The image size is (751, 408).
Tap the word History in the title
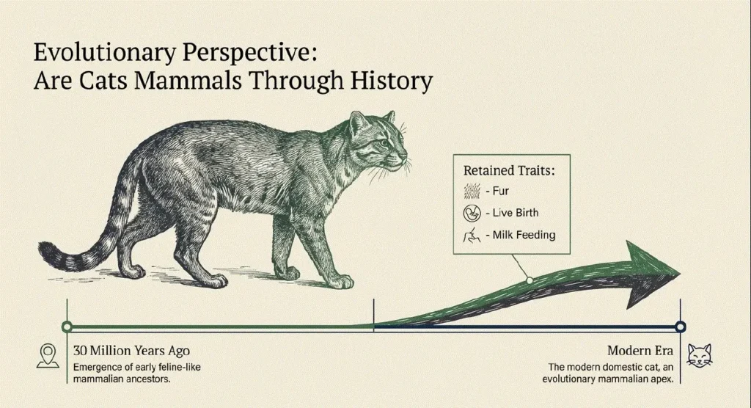[x=392, y=81]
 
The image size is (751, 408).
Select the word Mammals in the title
[x=188, y=81]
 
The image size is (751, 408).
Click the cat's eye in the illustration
[x=383, y=143]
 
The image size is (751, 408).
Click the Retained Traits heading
[x=509, y=171]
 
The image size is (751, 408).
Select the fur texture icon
[x=472, y=192]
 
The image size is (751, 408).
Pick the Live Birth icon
[x=472, y=213]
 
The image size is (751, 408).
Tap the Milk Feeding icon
[x=472, y=235]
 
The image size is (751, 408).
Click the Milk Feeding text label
[x=524, y=235]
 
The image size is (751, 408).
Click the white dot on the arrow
[x=530, y=280]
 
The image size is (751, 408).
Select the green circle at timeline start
[x=67, y=327]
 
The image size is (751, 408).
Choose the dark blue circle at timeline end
[x=680, y=327]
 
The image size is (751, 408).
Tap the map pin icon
[x=48, y=356]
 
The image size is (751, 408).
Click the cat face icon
[x=700, y=356]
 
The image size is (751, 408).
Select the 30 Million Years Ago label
[x=132, y=351]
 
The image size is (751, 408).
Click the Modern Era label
[x=640, y=351]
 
